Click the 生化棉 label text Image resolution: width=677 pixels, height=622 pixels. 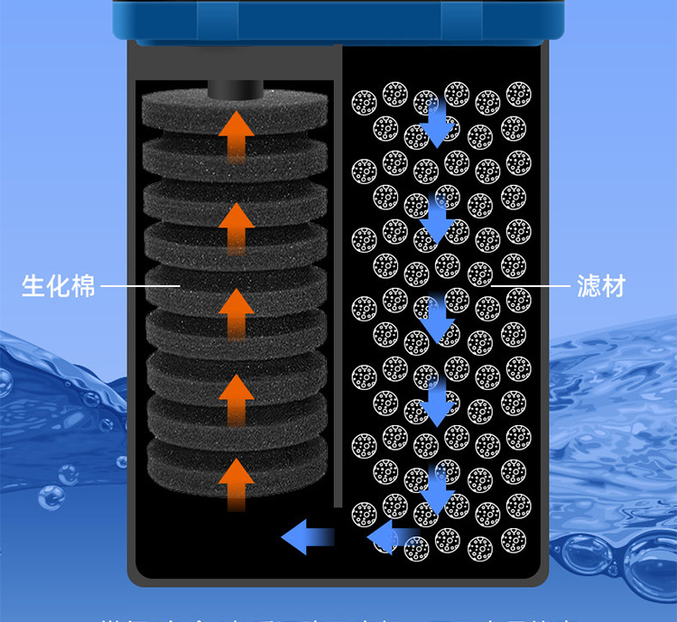point(59,287)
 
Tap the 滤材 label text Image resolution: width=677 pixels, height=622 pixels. point(600,287)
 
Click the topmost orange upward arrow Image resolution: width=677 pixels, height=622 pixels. point(237,135)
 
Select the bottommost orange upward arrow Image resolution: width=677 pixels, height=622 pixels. point(237,483)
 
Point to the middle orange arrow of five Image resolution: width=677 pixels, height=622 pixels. point(237,311)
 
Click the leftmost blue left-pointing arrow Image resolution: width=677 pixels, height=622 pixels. point(307,538)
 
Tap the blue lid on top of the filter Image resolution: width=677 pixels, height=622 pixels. point(338,20)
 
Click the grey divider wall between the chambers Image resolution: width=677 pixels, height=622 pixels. point(338,271)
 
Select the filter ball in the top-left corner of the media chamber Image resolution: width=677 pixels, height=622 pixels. point(365,100)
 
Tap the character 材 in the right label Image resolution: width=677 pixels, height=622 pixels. point(613,287)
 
